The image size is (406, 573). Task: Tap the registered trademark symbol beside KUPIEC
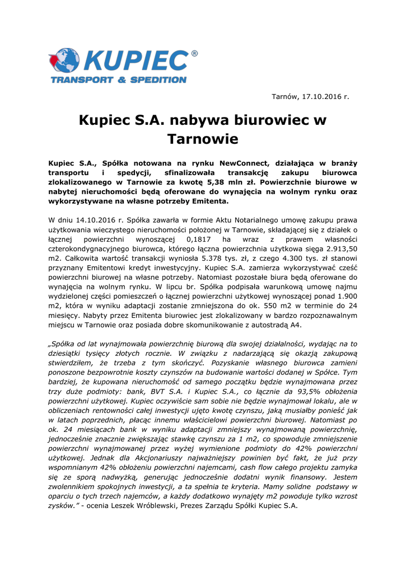194,54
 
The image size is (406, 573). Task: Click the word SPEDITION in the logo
158,80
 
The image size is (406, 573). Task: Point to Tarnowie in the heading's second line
203,138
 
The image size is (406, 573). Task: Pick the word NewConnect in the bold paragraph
243,163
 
